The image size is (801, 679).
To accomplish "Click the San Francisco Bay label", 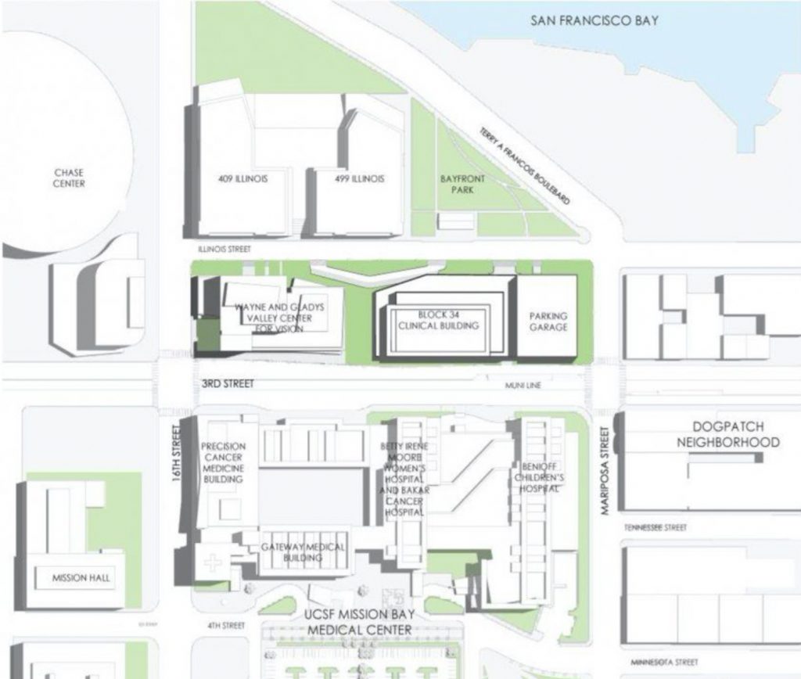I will pos(594,20).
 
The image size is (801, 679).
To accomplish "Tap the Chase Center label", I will pos(69,178).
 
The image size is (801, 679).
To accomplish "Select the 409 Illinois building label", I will pos(243,179).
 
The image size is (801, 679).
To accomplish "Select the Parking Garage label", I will pos(548,322).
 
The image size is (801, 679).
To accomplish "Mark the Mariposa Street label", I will pos(604,470).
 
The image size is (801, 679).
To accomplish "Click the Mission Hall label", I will pos(81,578).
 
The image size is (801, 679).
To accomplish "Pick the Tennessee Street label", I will pos(656,528).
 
